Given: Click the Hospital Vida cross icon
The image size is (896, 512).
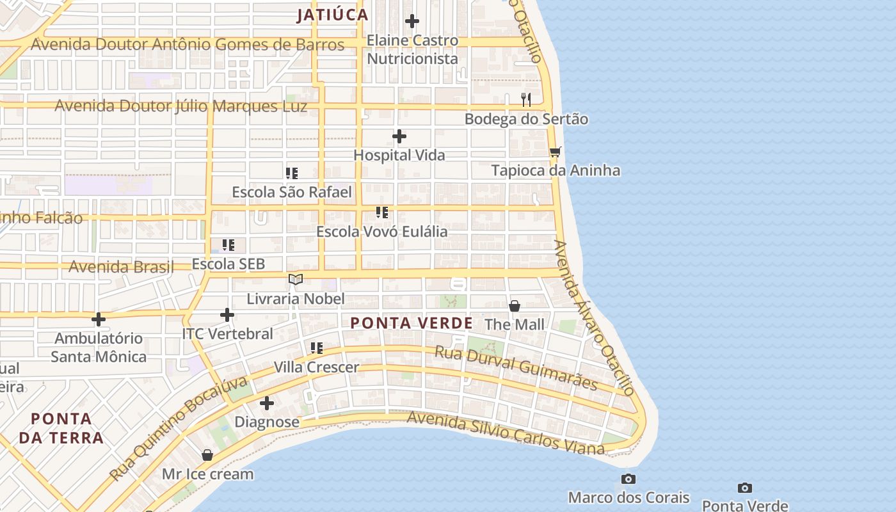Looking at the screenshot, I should tap(399, 136).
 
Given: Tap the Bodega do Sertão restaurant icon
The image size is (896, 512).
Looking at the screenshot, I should tap(526, 99).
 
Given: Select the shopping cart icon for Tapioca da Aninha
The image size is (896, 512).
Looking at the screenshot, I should tap(555, 152).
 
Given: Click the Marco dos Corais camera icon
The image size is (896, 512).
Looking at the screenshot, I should tap(628, 479).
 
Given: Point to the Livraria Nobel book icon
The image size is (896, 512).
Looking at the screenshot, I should tap(295, 279).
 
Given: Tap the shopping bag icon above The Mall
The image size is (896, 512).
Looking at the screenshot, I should tap(514, 306).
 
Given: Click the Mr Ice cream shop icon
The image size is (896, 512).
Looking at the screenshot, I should tap(207, 455).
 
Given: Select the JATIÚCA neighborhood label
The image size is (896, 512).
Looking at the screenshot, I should tap(332, 15).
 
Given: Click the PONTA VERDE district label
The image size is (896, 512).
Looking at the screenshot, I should tap(412, 323).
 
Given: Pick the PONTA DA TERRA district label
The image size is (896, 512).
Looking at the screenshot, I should tap(61, 428).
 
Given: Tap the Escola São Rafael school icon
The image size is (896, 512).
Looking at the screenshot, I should tap(292, 173).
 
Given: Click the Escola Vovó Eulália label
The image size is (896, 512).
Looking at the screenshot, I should tap(382, 232).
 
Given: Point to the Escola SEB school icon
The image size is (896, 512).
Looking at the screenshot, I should tap(228, 245).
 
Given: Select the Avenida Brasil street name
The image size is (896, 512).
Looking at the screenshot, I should tap(121, 267).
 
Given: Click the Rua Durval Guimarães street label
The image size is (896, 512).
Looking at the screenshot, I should tap(516, 368).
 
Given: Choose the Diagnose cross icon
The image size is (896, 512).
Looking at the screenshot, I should tap(267, 403).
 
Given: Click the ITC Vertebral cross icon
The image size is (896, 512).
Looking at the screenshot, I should tap(227, 315).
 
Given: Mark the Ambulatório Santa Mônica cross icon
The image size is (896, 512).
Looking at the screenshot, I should tap(99, 319).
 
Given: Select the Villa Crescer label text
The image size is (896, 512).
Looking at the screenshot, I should tap(316, 367).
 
